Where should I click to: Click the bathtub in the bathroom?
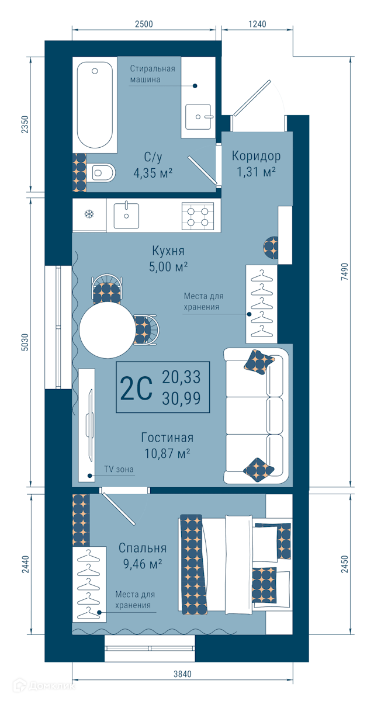(x=95, y=105)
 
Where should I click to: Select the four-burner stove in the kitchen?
(x=198, y=216)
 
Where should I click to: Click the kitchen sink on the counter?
(x=126, y=215)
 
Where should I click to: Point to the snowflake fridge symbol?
(x=89, y=214)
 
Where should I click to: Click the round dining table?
(x=108, y=330)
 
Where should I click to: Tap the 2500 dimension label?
(x=144, y=24)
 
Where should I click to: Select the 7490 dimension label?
(x=344, y=272)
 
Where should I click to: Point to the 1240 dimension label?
(x=257, y=24)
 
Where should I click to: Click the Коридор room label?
(x=256, y=156)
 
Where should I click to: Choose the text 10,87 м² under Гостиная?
(x=168, y=453)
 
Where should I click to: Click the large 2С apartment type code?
(x=136, y=388)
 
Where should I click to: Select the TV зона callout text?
(x=119, y=469)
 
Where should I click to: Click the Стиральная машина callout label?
(x=153, y=74)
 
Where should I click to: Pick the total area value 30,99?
(x=181, y=398)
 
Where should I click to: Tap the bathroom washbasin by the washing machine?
(x=198, y=117)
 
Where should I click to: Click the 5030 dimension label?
(x=25, y=342)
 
